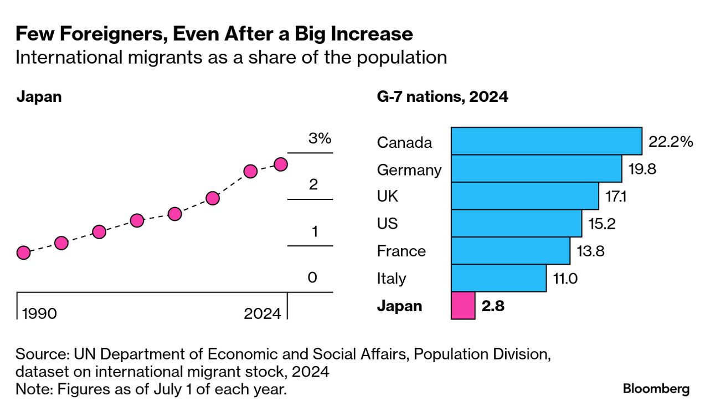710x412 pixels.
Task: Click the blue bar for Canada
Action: (x=546, y=141)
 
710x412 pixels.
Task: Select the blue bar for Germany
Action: (x=536, y=168)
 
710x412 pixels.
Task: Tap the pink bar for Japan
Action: (x=463, y=306)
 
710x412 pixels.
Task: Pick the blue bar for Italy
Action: (x=498, y=278)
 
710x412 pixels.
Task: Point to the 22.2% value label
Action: (x=671, y=142)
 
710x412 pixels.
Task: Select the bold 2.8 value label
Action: (x=493, y=306)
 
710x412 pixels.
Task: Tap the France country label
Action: (x=402, y=251)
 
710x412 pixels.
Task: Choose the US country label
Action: (x=388, y=224)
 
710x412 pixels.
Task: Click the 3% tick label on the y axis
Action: (x=320, y=138)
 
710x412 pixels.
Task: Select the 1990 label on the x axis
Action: (x=39, y=313)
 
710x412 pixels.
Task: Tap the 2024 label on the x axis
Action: (x=263, y=313)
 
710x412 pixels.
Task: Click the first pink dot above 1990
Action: (x=23, y=253)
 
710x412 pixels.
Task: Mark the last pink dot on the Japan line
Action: (x=281, y=164)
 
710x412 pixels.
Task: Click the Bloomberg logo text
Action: (x=656, y=389)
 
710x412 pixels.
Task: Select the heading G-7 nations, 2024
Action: (x=442, y=97)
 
